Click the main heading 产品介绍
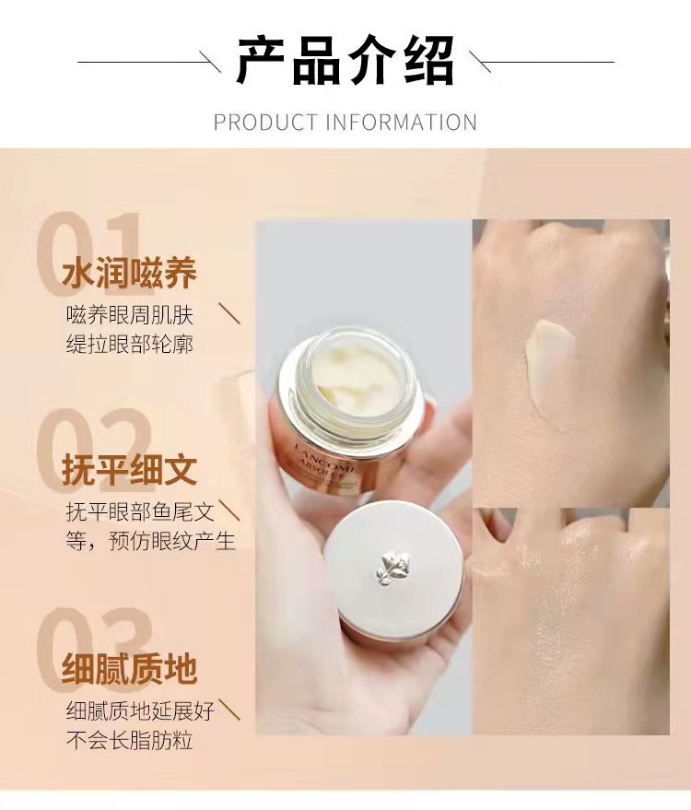tap(345, 61)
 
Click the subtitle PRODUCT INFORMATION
tap(345, 123)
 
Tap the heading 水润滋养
tap(129, 273)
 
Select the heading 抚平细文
tap(129, 470)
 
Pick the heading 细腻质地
tap(129, 669)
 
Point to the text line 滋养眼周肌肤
tap(130, 315)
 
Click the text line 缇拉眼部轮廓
tap(130, 344)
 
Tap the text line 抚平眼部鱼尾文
tap(140, 512)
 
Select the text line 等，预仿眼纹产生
tap(150, 541)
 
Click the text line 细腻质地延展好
tap(140, 711)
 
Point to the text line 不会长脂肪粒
tap(130, 740)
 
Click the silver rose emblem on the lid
tap(393, 569)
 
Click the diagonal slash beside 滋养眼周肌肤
tap(229, 313)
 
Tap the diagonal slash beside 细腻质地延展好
tap(229, 710)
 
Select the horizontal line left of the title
tap(148, 62)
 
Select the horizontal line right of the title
tap(542, 62)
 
